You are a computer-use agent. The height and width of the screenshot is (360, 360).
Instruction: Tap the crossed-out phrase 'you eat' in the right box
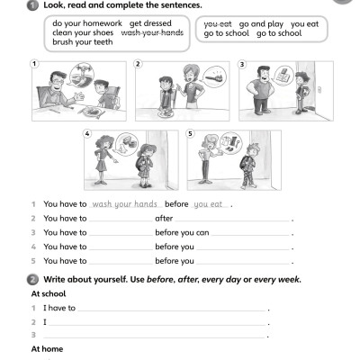[219, 23]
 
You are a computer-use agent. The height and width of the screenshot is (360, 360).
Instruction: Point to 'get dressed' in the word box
[148, 23]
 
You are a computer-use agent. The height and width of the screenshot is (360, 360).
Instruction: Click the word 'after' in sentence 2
[164, 219]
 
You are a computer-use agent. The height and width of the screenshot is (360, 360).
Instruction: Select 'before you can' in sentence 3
[182, 232]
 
